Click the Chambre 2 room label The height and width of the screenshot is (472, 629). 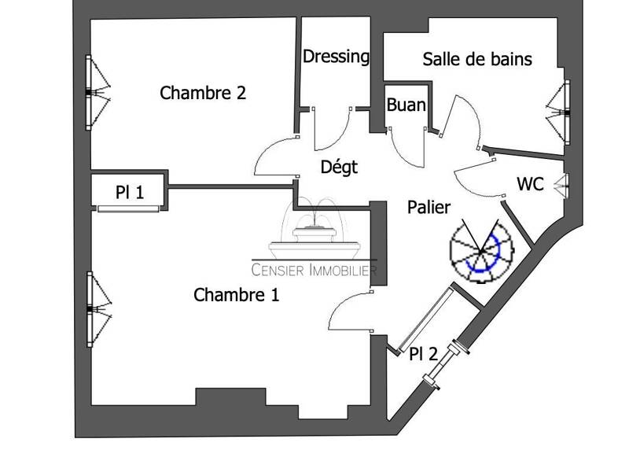(x=203, y=93)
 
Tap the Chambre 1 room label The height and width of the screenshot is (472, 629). (x=236, y=296)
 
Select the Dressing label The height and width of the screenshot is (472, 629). (x=336, y=57)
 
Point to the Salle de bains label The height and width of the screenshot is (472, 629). (x=477, y=59)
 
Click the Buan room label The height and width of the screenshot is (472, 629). (x=406, y=105)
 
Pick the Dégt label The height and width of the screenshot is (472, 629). (x=339, y=167)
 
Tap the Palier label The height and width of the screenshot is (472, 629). (x=429, y=208)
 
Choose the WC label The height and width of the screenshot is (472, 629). (x=530, y=185)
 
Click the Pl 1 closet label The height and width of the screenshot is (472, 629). (x=129, y=191)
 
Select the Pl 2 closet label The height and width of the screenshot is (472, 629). (x=423, y=354)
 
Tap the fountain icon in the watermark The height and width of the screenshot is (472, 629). (x=314, y=233)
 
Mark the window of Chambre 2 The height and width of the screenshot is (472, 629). (x=96, y=92)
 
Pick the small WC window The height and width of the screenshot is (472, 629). (x=561, y=186)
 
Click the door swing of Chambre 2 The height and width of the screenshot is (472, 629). (x=275, y=157)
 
